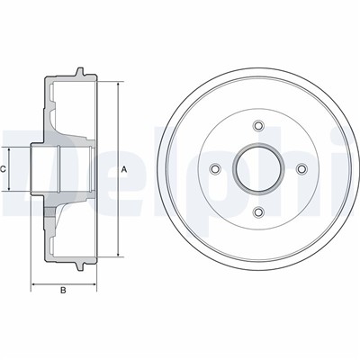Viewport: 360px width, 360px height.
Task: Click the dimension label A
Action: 124,169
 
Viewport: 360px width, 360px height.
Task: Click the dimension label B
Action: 63,290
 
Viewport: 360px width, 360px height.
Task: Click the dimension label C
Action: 3,169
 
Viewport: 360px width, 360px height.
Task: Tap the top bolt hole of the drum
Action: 258,125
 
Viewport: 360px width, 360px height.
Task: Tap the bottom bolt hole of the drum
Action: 258,211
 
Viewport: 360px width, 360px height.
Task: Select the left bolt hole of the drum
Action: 215,168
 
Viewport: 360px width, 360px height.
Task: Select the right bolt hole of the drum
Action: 301,168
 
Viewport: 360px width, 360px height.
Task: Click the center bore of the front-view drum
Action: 258,168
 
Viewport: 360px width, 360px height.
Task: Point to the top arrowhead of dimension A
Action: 118,84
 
